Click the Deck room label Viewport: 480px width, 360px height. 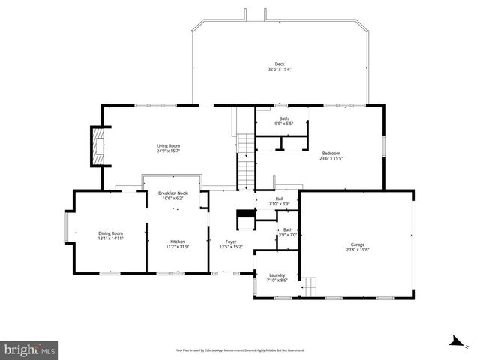[279, 64]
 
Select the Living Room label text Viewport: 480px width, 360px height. [168, 145]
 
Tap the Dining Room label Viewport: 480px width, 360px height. [110, 233]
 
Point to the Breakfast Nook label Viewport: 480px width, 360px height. [172, 193]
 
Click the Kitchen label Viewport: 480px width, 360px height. [177, 241]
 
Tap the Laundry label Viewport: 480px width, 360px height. [276, 275]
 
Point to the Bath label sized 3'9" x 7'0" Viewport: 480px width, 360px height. [288, 229]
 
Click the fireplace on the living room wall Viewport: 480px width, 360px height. [96, 145]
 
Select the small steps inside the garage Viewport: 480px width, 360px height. [310, 286]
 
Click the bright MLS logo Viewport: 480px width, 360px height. [30, 349]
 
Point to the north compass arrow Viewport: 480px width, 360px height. [454, 341]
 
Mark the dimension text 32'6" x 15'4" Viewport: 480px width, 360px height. [279, 69]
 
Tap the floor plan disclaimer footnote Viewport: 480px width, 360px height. [239, 350]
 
